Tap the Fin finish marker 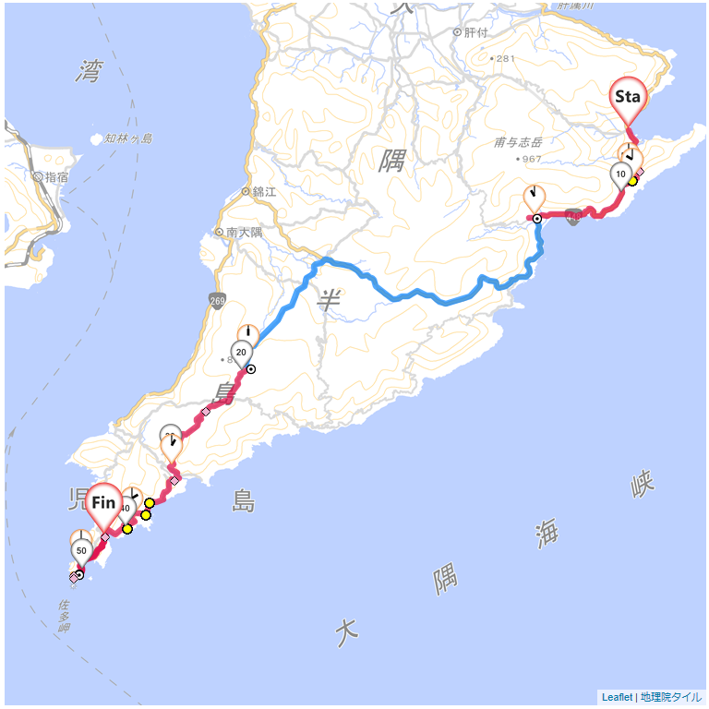(103, 504)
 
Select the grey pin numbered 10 (620, 174)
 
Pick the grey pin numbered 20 (240, 353)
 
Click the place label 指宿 (55, 176)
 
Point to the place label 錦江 (264, 192)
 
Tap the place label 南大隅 (244, 233)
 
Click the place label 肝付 (475, 32)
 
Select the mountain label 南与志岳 (518, 142)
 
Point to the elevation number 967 (530, 159)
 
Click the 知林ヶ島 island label (128, 139)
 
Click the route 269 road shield (217, 300)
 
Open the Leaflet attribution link (617, 697)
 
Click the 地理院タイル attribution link (671, 697)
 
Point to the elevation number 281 (505, 58)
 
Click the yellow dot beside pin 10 (632, 181)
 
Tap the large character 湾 (90, 70)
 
